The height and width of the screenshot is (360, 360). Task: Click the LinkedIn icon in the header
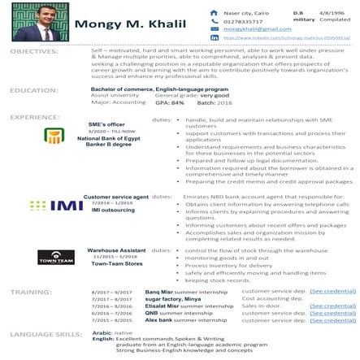[214, 37]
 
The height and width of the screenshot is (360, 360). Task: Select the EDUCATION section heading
[33, 90]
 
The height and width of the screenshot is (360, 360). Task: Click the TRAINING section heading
[32, 290]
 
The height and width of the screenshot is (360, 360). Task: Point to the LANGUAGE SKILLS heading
[46, 333]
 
